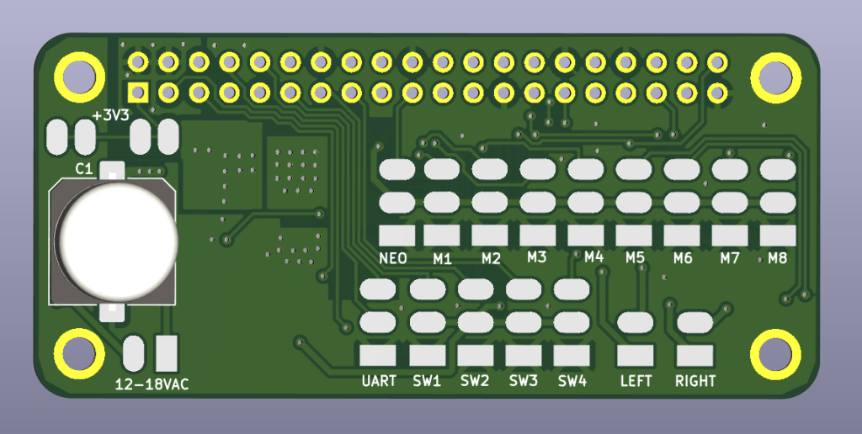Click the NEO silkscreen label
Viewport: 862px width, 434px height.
393,258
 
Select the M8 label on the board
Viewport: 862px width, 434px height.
778,257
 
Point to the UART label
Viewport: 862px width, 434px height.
379,381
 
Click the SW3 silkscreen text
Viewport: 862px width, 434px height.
524,381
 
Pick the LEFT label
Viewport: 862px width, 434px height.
636,381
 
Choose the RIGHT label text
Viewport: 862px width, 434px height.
695,381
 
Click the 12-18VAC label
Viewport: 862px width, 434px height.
152,384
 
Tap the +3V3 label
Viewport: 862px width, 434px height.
110,116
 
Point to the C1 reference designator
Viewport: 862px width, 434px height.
83,169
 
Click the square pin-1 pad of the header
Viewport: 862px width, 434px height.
138,92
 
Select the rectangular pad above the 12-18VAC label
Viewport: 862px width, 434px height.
167,353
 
